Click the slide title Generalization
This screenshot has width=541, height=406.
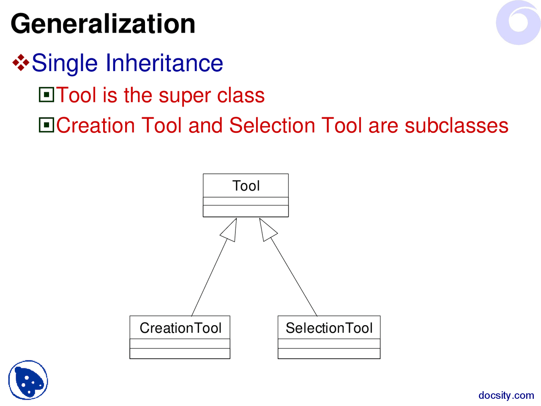coord(103,24)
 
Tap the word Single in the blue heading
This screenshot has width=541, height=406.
coord(65,63)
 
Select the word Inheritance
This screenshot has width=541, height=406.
coord(164,63)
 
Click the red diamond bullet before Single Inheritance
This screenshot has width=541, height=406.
coord(21,63)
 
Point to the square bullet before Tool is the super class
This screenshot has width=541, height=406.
coord(46,95)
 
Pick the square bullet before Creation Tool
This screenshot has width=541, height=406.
coord(46,125)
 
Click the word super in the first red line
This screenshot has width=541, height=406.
coord(185,96)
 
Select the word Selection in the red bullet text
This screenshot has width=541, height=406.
coord(272,126)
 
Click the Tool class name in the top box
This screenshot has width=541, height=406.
coord(246,186)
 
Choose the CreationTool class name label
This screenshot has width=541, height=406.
coord(180,328)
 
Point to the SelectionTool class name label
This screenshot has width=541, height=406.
coord(329,328)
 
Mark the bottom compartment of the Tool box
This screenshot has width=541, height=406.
coord(246,211)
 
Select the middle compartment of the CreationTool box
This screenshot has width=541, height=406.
coord(180,344)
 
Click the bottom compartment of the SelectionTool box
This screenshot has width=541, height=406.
coord(329,354)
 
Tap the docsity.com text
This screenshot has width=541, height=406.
coord(506,396)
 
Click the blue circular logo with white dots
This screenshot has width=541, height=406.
coord(28,380)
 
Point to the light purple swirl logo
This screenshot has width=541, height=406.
coord(519,22)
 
